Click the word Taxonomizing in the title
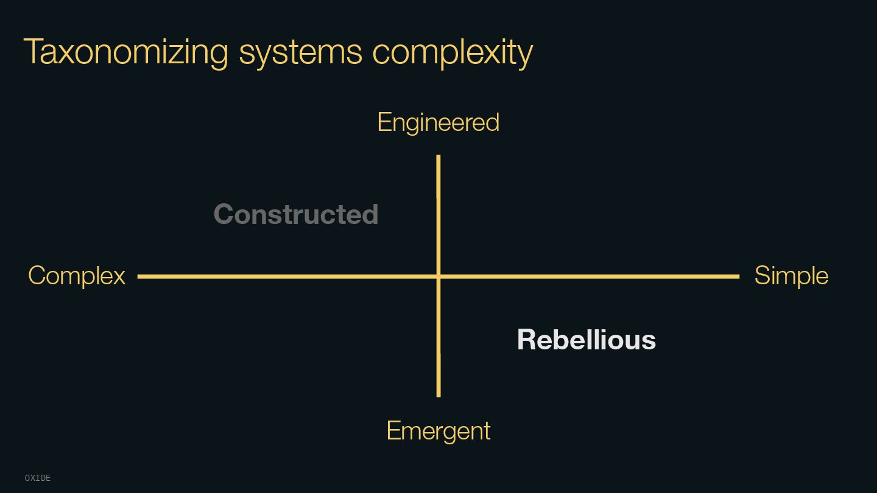coord(125,52)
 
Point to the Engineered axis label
coord(438,123)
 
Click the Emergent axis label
coord(438,431)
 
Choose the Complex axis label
coord(77,276)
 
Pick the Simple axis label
coord(791,276)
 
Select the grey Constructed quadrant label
coord(296,214)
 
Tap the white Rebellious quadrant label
coord(586,340)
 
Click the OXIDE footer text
coord(38,478)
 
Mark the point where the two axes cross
coord(438,276)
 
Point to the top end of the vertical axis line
coord(438,156)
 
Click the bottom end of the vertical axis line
coord(438,396)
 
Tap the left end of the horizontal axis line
coord(139,276)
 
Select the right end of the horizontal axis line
coord(738,276)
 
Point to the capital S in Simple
coord(763,276)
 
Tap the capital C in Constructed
coord(224,214)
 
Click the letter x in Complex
coord(119,278)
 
